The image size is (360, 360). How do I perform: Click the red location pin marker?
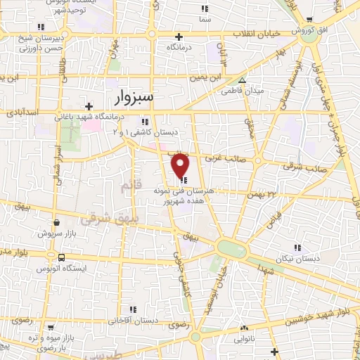181,165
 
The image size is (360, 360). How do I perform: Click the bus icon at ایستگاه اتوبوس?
62,257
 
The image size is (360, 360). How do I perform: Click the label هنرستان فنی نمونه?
182,191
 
